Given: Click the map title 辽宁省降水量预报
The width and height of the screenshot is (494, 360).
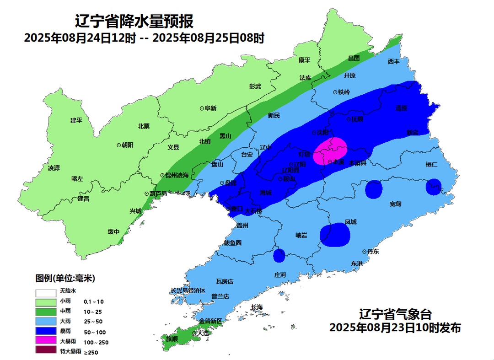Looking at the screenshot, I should click(134, 21).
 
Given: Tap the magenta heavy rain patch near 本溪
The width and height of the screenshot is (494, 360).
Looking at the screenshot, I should click(330, 150).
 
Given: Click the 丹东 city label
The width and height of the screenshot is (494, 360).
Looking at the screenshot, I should click(373, 252).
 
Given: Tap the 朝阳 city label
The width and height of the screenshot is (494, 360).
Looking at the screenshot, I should click(127, 145).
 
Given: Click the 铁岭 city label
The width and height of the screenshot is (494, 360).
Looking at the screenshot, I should click(344, 92).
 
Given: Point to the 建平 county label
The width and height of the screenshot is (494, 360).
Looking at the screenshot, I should click(76, 120).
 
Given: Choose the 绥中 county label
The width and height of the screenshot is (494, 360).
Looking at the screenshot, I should click(113, 232).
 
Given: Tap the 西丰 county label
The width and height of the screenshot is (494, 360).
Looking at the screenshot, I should click(393, 61).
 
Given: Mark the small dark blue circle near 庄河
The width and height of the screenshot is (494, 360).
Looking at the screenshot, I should click(279, 255).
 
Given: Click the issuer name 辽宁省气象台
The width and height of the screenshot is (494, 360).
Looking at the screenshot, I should click(395, 314).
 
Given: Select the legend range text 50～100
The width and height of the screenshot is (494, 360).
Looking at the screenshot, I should click(94, 331).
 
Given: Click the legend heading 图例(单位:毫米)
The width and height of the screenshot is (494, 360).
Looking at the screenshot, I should click(65, 278).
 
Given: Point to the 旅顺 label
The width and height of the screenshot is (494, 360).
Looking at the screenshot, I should click(172, 339).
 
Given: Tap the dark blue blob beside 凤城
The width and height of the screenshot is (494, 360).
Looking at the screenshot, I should click(335, 234).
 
